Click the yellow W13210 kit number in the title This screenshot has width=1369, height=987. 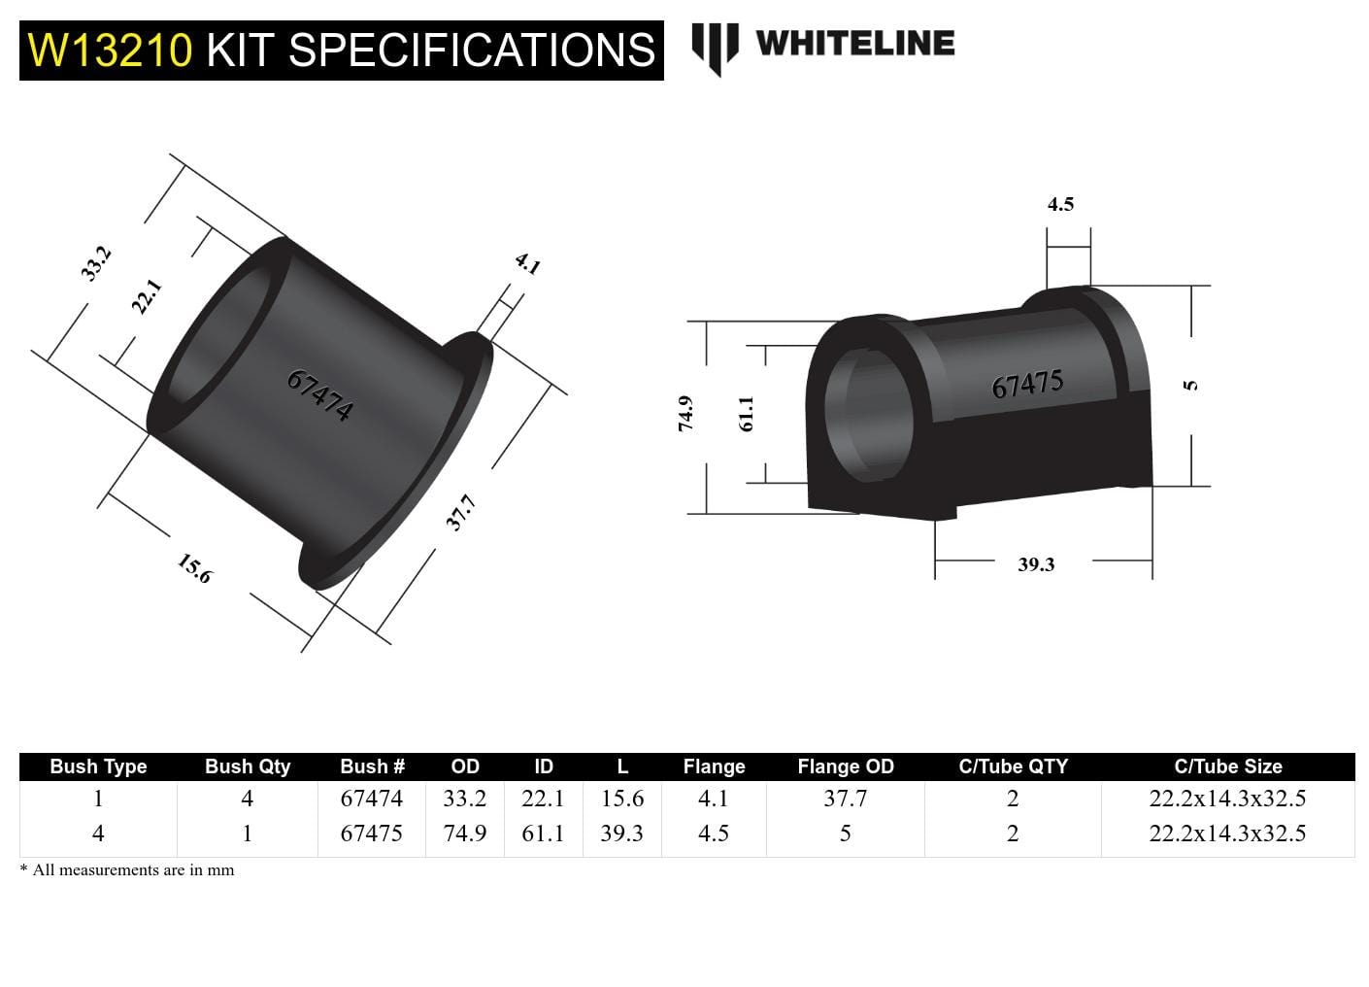click(x=110, y=51)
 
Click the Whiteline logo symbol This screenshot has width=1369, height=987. click(x=715, y=47)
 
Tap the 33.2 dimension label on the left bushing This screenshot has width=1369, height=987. click(x=96, y=263)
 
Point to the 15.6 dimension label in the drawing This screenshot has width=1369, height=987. click(x=194, y=568)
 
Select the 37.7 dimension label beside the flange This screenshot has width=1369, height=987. click(x=460, y=512)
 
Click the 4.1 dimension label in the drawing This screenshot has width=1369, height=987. click(x=527, y=263)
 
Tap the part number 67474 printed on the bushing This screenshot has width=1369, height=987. click(x=319, y=394)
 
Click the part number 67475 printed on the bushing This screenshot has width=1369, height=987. click(x=1027, y=385)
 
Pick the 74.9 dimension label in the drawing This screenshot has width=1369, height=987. click(x=685, y=413)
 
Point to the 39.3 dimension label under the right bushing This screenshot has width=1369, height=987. click(x=1036, y=564)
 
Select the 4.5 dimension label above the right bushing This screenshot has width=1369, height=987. click(x=1060, y=204)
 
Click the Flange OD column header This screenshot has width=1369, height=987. click(x=845, y=766)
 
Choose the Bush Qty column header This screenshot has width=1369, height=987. click(x=248, y=766)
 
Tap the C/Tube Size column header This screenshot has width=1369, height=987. click(x=1227, y=766)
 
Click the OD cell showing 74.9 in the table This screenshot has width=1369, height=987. click(x=465, y=834)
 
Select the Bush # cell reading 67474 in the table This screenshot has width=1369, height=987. click(x=371, y=799)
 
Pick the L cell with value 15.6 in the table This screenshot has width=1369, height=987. click(x=621, y=799)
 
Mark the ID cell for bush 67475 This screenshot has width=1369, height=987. click(x=543, y=834)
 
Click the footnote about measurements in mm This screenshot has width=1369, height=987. click(x=127, y=870)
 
